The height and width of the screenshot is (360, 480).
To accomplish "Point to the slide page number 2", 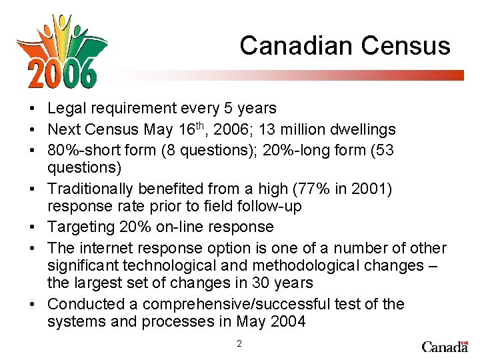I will click(x=239, y=344).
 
